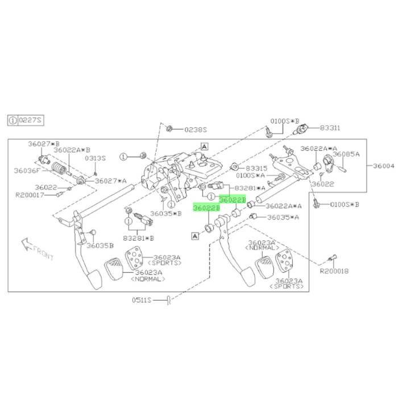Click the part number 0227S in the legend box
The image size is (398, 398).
[30, 120]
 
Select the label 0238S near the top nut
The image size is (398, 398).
[196, 130]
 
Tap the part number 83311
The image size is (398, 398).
[330, 128]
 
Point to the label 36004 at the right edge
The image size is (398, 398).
[384, 166]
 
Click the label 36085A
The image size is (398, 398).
[346, 154]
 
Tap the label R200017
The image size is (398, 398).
[30, 195]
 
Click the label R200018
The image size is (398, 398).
[334, 271]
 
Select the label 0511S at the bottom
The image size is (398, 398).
[142, 300]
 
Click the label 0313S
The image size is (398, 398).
[95, 159]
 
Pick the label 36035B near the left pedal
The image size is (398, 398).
[100, 246]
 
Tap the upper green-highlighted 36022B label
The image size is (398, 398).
[233, 200]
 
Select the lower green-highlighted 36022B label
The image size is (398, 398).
[206, 208]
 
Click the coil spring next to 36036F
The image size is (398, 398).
[59, 168]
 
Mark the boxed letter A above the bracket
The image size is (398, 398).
[204, 147]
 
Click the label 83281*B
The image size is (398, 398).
[138, 238]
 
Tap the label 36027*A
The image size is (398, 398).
[111, 181]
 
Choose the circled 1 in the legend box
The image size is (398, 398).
[13, 120]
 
